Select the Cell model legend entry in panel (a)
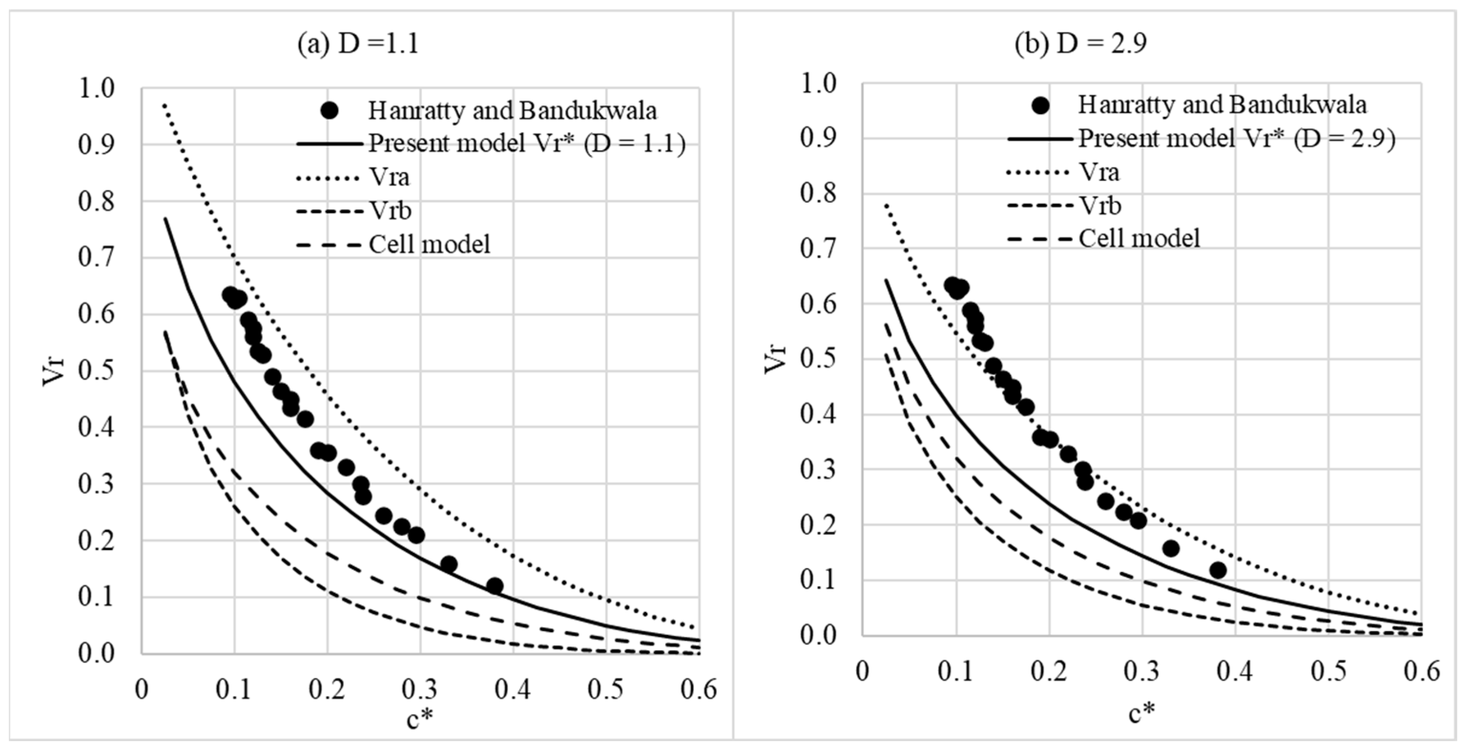click(429, 245)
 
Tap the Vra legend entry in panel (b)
click(1099, 172)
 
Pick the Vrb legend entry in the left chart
click(390, 211)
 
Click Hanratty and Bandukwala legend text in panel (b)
click(1222, 105)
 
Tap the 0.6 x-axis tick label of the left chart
click(699, 690)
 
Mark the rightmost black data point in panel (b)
click(1218, 570)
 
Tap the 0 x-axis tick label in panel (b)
click(863, 671)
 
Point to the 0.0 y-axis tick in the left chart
click(96, 654)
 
